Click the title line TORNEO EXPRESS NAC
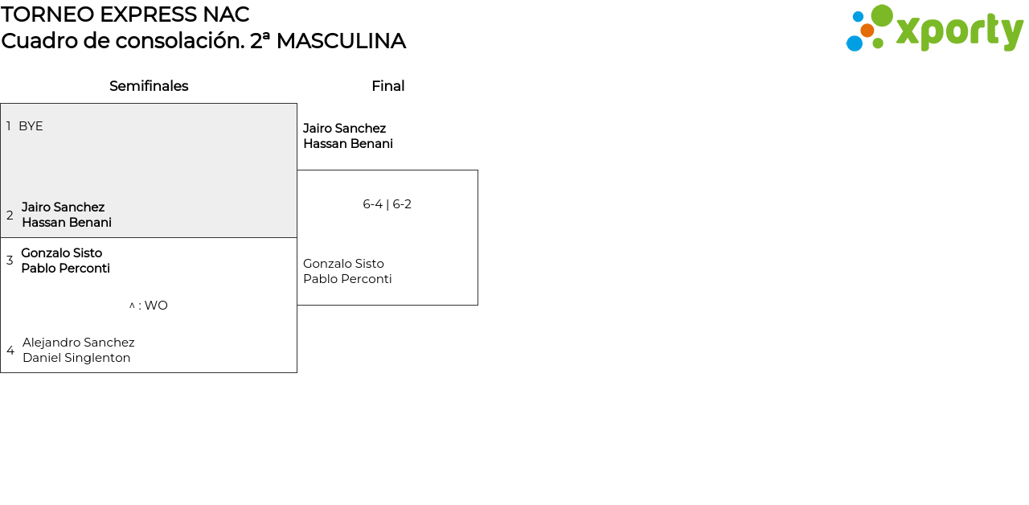coord(125,14)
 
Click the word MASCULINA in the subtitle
coord(340,41)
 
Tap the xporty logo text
coord(959,31)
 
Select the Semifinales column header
coord(149,86)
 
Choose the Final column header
coord(387,86)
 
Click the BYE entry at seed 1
coord(31,126)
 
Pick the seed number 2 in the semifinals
coord(10,216)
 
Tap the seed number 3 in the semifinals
coord(10,261)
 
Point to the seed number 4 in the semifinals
coord(10,351)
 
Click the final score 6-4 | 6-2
coord(387,204)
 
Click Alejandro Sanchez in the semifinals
coord(78,343)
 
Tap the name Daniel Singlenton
coord(76,358)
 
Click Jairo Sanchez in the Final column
coord(344,129)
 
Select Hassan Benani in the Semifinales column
coord(67,223)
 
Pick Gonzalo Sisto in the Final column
coord(343,264)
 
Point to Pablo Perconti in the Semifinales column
coord(65,269)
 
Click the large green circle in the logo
coord(882,16)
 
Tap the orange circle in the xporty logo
coord(867,31)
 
